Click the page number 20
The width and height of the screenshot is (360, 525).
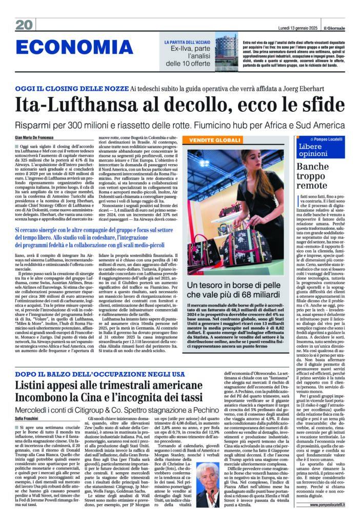(24, 25)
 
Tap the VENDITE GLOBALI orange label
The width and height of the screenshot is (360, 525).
(215, 140)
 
